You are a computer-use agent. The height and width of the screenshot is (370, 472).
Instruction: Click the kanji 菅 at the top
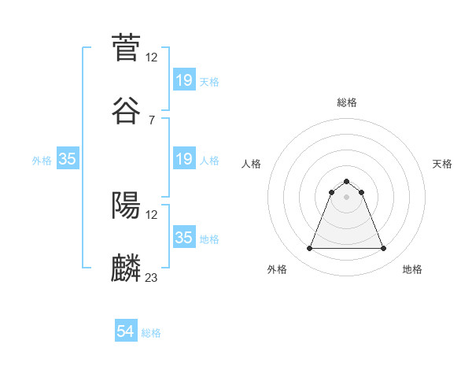click(x=126, y=46)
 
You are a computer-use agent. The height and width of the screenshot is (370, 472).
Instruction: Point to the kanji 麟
click(x=126, y=267)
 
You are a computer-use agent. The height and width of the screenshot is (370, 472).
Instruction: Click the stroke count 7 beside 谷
click(x=151, y=119)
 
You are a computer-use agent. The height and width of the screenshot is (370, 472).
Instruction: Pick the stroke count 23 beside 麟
click(x=152, y=277)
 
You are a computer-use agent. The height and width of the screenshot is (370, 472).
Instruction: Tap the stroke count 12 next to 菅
click(x=152, y=57)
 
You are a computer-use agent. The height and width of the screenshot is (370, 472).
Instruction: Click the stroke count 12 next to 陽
click(x=152, y=214)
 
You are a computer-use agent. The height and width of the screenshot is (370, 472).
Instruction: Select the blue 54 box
click(x=126, y=332)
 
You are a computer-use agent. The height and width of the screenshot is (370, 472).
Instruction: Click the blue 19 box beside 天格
click(x=183, y=80)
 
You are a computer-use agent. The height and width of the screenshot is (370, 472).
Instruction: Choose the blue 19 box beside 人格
click(x=183, y=160)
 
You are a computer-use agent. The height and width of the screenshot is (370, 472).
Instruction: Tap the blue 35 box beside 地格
click(x=183, y=239)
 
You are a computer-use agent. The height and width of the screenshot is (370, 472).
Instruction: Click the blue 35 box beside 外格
click(x=68, y=160)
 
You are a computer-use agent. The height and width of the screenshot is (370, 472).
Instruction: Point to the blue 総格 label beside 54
click(x=151, y=333)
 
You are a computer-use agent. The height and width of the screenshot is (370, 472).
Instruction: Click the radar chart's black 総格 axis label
click(x=346, y=102)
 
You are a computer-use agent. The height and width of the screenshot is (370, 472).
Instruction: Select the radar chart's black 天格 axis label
click(x=442, y=164)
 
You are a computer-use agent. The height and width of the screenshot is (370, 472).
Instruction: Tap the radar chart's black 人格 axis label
click(x=252, y=164)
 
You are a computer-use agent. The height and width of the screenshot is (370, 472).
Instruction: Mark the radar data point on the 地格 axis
click(x=383, y=249)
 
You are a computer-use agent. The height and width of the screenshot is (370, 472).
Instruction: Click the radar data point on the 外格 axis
click(x=309, y=249)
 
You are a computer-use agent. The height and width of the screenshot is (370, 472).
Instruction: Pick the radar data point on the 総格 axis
click(x=346, y=181)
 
